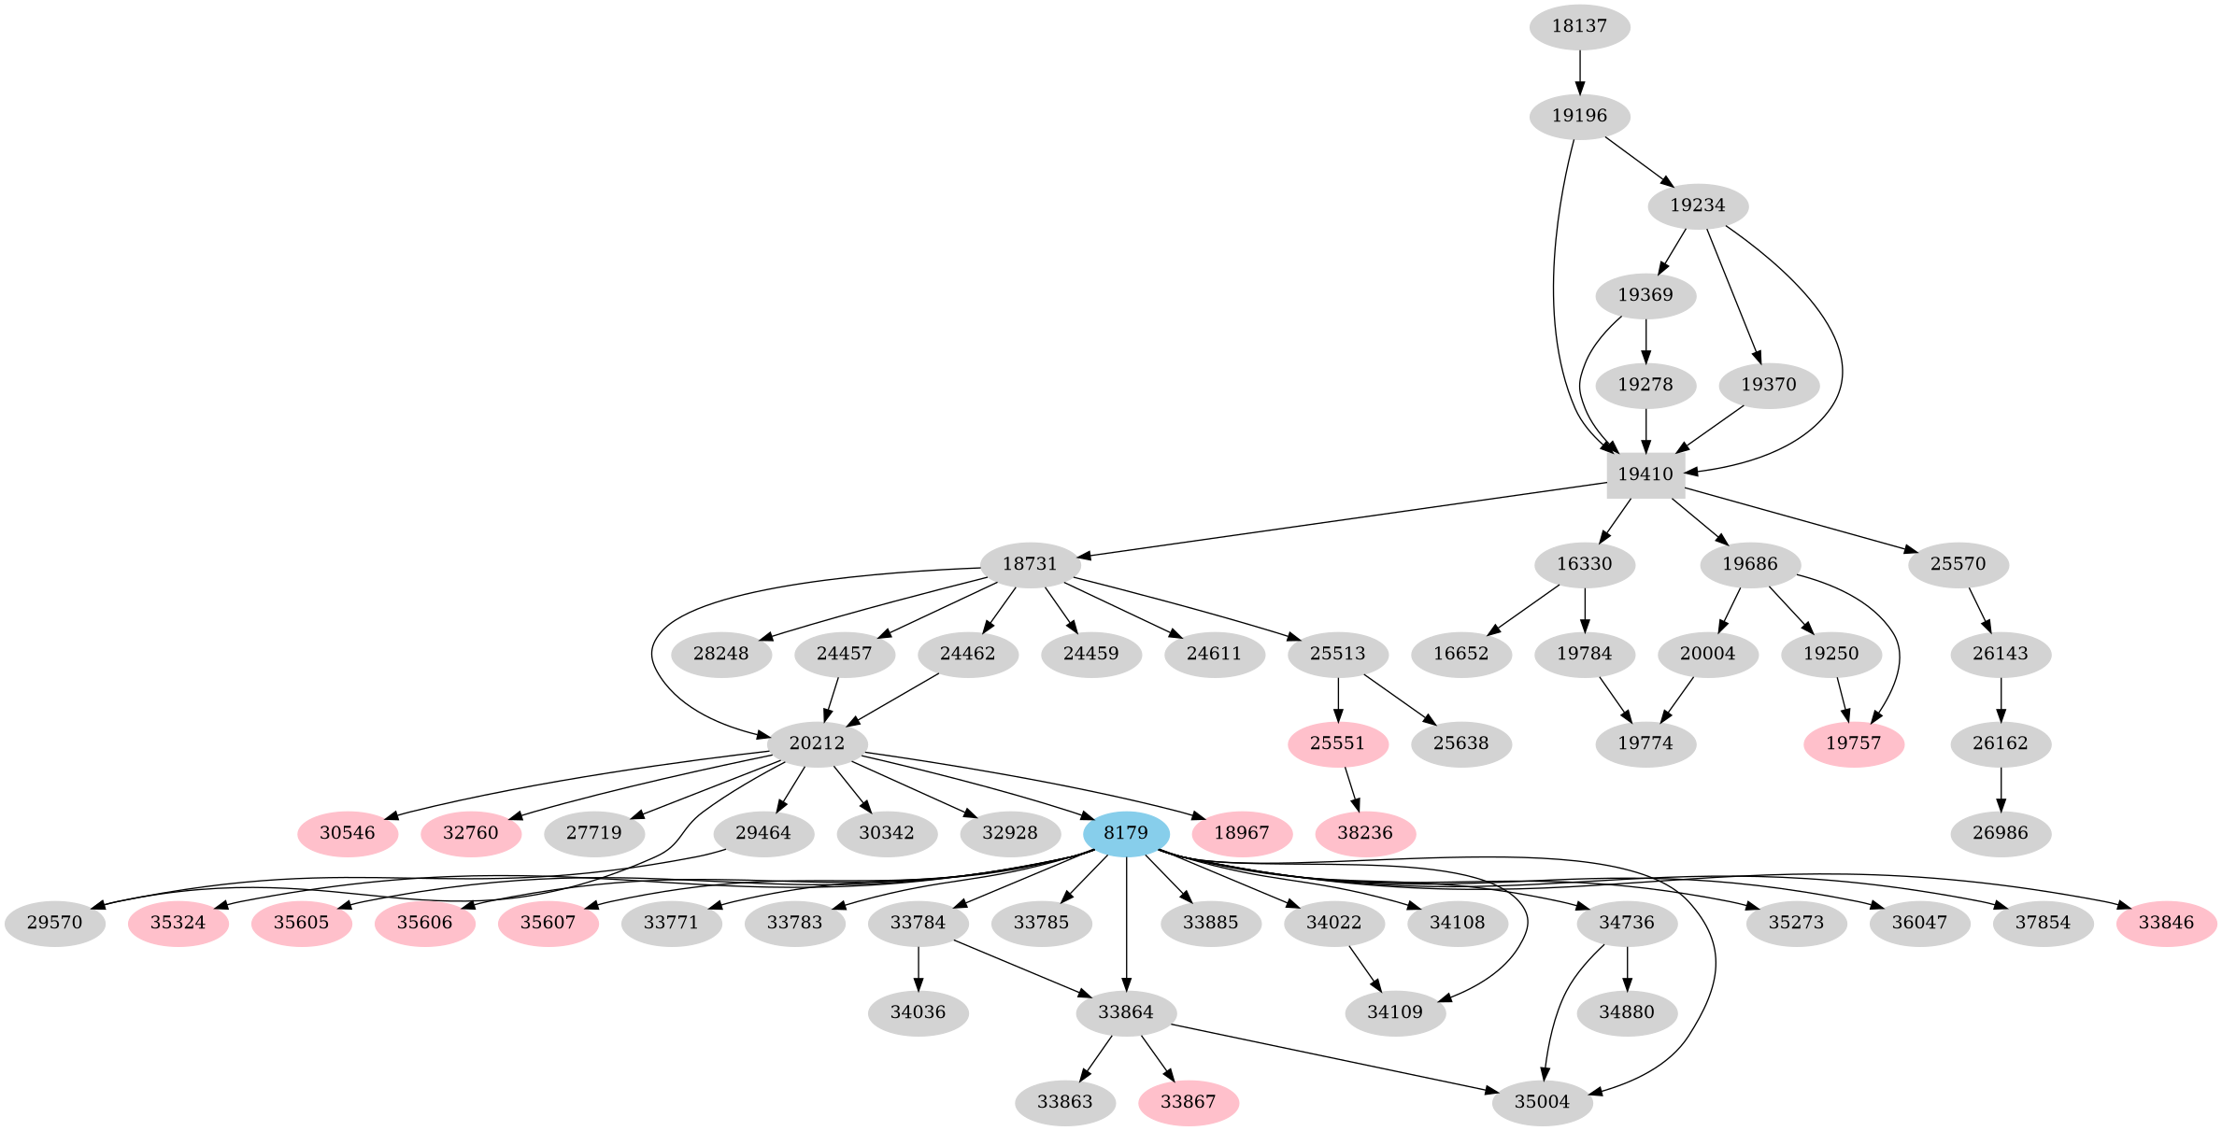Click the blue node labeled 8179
tap(1126, 833)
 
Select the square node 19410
tap(1645, 474)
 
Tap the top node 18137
tap(1579, 26)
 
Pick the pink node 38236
tap(1364, 833)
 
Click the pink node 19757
tap(1853, 743)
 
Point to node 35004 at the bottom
tap(1542, 1102)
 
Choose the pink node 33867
tap(1188, 1102)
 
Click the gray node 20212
tap(817, 743)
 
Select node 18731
tap(1030, 564)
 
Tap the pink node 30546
tap(348, 833)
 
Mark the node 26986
tap(2001, 833)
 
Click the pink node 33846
tap(2166, 923)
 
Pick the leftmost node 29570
tap(54, 923)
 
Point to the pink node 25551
tap(1337, 743)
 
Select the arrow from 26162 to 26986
tap(2001, 788)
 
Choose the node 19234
tap(1697, 205)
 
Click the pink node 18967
tap(1241, 833)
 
